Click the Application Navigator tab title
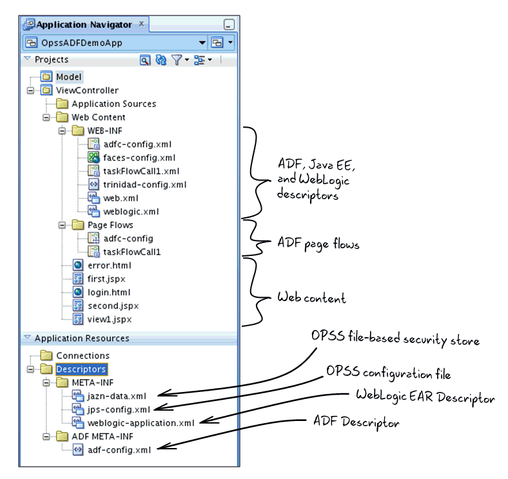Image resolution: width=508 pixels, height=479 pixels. click(x=84, y=25)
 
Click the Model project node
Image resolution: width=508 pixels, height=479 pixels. click(x=68, y=77)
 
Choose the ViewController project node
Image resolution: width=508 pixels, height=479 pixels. click(x=87, y=90)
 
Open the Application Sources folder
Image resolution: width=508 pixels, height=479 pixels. click(x=113, y=104)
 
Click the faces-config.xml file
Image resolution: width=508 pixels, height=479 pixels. click(x=139, y=157)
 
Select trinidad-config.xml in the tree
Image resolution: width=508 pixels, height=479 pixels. click(x=144, y=184)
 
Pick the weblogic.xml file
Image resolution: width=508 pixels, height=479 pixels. click(x=131, y=211)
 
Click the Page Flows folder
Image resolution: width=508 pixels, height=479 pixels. click(x=110, y=225)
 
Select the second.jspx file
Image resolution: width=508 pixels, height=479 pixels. click(x=113, y=306)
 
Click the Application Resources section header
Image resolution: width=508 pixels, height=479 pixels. click(x=81, y=338)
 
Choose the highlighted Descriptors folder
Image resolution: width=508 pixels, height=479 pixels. click(x=81, y=369)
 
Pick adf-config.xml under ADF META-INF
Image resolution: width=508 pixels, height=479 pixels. click(x=119, y=450)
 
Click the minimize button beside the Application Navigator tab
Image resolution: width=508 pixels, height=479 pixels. click(x=229, y=25)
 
